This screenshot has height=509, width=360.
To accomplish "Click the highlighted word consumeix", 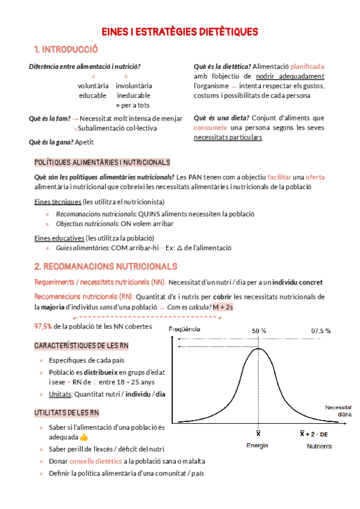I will click(210, 128).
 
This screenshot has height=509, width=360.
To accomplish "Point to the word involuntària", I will click(134, 86).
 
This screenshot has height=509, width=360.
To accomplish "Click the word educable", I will click(92, 95).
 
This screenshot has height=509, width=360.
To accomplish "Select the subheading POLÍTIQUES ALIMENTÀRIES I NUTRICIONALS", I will click(102, 163).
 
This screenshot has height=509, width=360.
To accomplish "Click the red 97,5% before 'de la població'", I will click(43, 326).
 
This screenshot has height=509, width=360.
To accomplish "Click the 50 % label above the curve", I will click(259, 331).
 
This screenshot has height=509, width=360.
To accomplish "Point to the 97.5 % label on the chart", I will click(320, 331).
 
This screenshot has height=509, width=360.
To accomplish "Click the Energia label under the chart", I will click(257, 446).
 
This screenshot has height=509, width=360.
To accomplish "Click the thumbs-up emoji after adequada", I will click(83, 437).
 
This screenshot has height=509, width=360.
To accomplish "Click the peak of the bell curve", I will click(259, 349).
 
